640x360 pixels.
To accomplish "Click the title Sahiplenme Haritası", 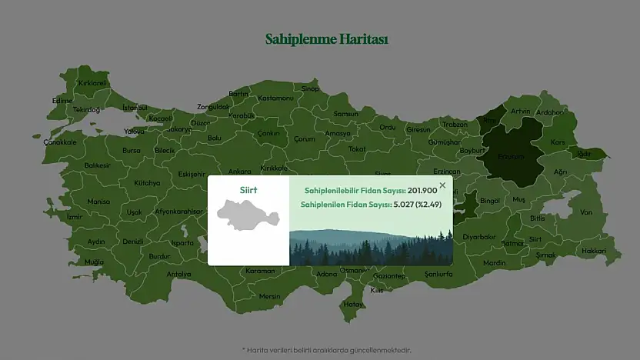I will pyautogui.click(x=326, y=38).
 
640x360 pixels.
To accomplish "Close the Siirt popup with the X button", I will pyautogui.click(x=442, y=185).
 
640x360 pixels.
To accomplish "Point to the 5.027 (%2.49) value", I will pyautogui.click(x=412, y=205).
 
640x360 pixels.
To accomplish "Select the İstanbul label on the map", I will pyautogui.click(x=135, y=107).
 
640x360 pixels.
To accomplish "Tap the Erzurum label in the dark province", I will pyautogui.click(x=511, y=156).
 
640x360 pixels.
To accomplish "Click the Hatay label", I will pyautogui.click(x=353, y=303).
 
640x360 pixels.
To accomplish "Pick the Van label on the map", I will pyautogui.click(x=586, y=212).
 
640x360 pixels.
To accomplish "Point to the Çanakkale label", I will pyautogui.click(x=60, y=142).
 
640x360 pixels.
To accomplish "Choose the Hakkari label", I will pyautogui.click(x=594, y=251).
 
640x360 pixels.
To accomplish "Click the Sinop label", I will pyautogui.click(x=310, y=88).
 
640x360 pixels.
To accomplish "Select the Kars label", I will pyautogui.click(x=558, y=142).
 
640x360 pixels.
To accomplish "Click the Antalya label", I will pyautogui.click(x=178, y=274).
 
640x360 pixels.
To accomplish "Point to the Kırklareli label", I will pyautogui.click(x=93, y=83).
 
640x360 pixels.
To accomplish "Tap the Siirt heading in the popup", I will pyautogui.click(x=248, y=189).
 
